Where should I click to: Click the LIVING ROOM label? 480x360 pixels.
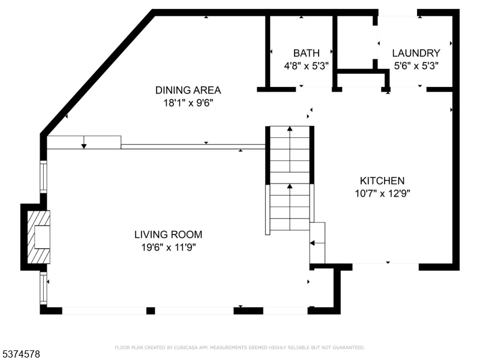coord(168,235)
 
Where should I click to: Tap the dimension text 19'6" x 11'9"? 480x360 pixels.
coord(169,247)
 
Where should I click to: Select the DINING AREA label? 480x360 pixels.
coord(188,91)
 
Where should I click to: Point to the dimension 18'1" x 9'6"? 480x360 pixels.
coord(188,103)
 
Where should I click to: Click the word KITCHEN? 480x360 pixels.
coord(382,181)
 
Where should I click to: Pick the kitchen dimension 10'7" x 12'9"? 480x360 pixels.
coord(382,193)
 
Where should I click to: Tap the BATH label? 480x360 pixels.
coord(306,53)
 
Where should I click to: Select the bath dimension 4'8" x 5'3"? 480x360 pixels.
coord(306,66)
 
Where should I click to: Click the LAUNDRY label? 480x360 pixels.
coord(416,53)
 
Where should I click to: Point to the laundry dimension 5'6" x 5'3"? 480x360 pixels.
coord(416,66)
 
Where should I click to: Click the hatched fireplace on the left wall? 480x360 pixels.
coord(38,237)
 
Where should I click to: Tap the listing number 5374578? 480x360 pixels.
coord(20,354)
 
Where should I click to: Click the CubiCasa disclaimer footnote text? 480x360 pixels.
coord(239,347)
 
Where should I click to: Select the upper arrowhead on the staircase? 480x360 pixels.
coord(290,129)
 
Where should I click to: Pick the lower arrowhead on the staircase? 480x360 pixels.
coord(290,186)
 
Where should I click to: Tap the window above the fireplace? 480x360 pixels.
coord(43,177)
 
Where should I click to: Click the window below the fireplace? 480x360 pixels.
coord(43,289)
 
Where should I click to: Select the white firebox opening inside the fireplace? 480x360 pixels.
coord(42,237)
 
